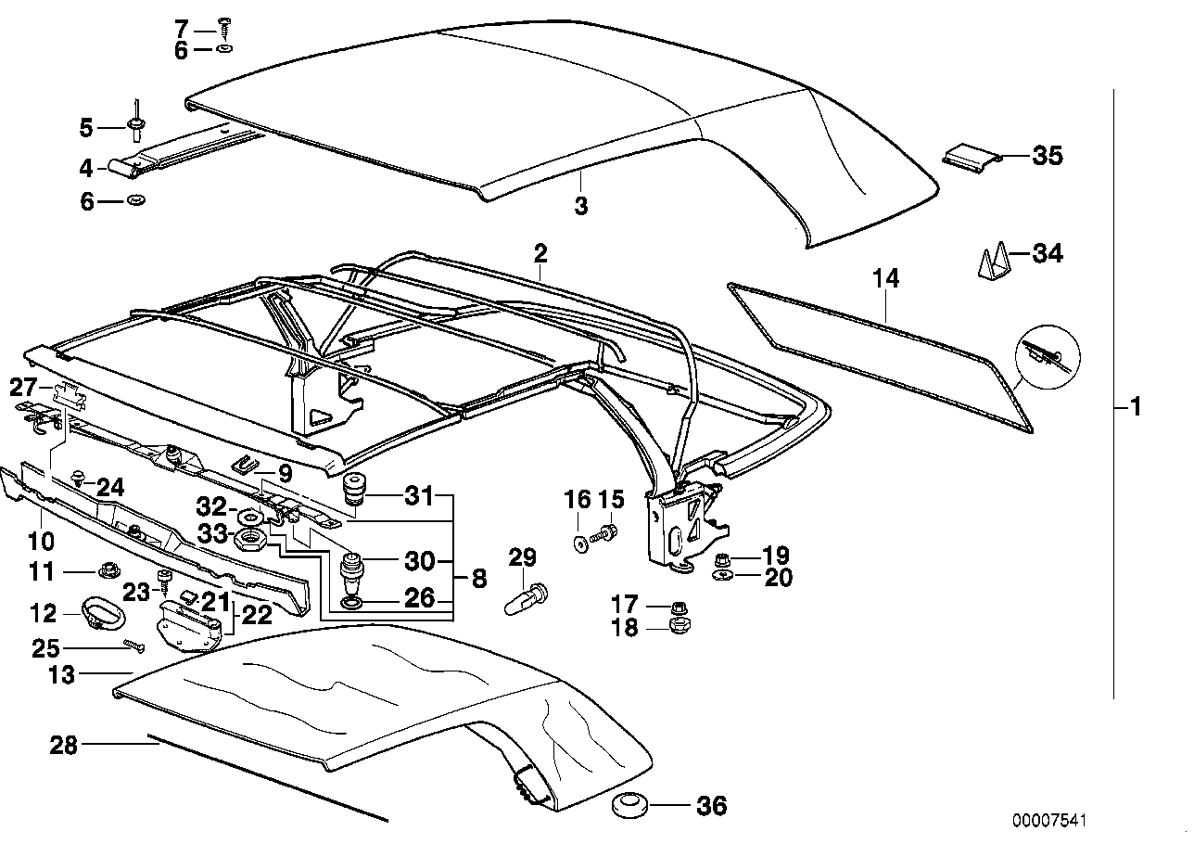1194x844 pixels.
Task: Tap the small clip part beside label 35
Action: (972, 156)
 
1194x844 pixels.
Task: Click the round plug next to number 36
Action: (632, 805)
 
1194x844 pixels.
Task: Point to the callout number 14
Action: (886, 277)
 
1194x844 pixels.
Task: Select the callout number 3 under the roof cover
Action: (581, 206)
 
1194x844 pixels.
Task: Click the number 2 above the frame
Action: (540, 252)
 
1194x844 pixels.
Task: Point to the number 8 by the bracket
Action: (478, 580)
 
